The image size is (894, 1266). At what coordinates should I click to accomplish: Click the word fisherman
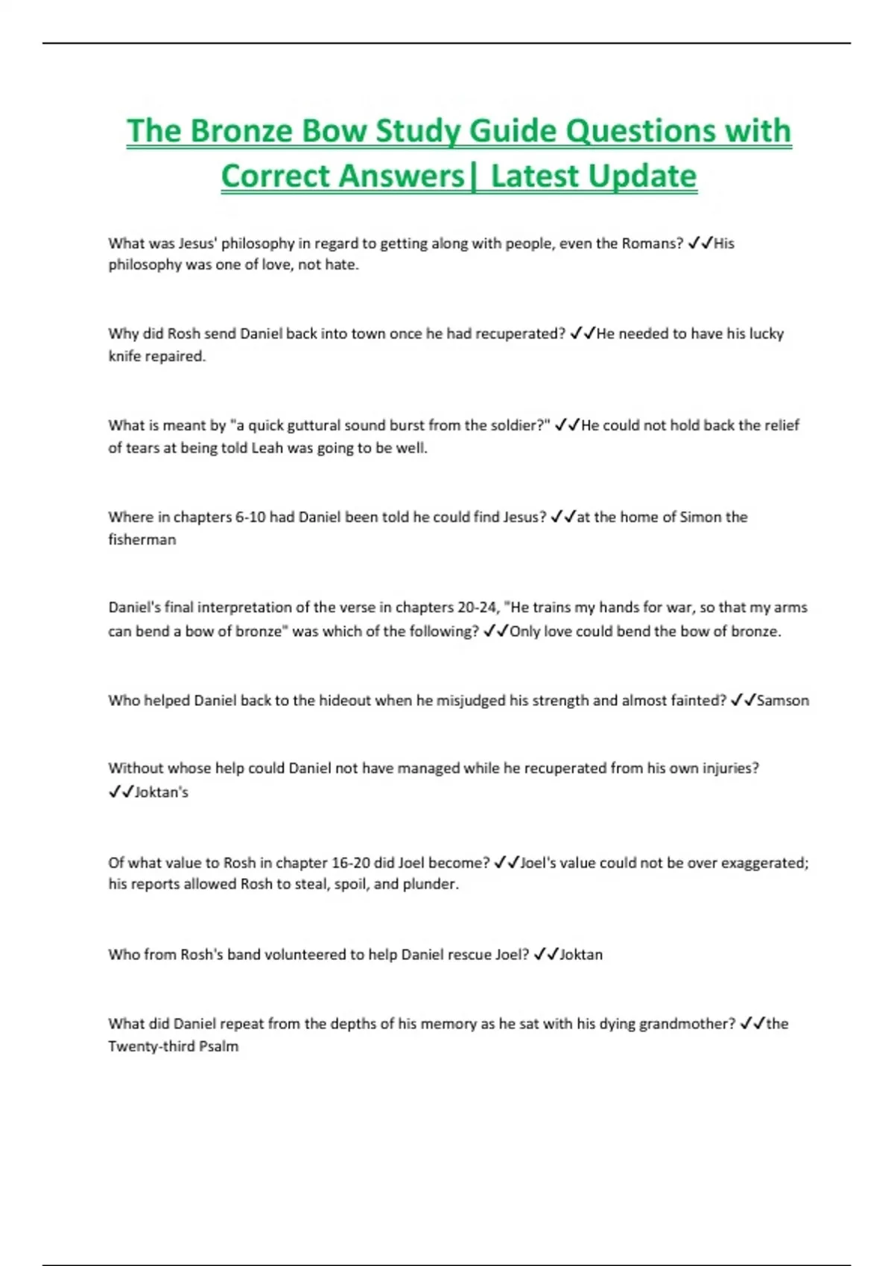(142, 539)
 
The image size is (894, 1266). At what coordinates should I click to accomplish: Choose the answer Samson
(783, 700)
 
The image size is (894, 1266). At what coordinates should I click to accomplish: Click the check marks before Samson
(743, 700)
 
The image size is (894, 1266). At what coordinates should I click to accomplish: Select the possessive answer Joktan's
(162, 792)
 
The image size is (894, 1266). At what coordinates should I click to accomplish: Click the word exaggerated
(759, 862)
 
